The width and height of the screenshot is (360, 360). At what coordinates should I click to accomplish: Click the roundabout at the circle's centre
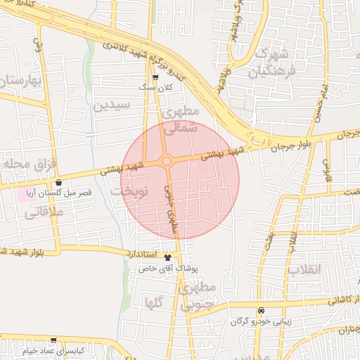167,162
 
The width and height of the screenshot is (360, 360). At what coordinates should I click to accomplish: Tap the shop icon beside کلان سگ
155,77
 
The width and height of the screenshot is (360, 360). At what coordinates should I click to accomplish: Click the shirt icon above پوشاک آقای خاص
167,257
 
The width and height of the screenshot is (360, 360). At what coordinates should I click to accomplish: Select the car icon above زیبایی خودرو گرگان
261,310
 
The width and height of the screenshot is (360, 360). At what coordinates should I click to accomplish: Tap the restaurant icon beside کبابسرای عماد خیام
14,349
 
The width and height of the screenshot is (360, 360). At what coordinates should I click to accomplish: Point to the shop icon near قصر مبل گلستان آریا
58,183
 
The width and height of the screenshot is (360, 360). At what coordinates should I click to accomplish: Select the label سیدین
112,105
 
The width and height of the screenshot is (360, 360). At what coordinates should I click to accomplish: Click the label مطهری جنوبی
205,296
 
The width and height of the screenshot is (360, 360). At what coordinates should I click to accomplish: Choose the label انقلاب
304,270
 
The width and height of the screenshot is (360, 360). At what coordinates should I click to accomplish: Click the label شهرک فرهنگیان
271,62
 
